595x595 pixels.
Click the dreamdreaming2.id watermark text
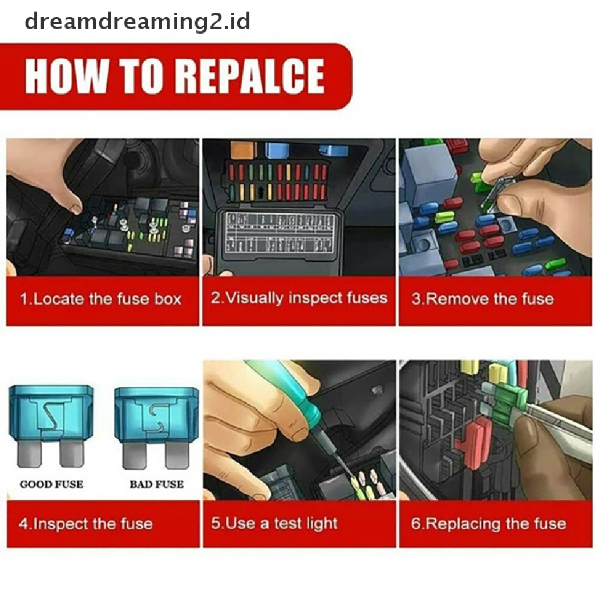click(x=137, y=22)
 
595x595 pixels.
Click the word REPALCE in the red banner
click(x=252, y=76)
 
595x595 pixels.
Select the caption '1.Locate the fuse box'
click(x=101, y=299)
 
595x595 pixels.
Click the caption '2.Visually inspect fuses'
click(x=299, y=297)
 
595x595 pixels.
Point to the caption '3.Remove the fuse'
click(x=483, y=299)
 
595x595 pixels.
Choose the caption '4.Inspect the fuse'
click(x=86, y=524)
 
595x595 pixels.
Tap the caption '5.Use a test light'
click(x=274, y=524)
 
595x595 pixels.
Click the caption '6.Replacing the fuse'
click(x=489, y=524)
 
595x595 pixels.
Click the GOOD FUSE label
click(x=52, y=484)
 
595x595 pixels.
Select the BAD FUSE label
click(x=156, y=484)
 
